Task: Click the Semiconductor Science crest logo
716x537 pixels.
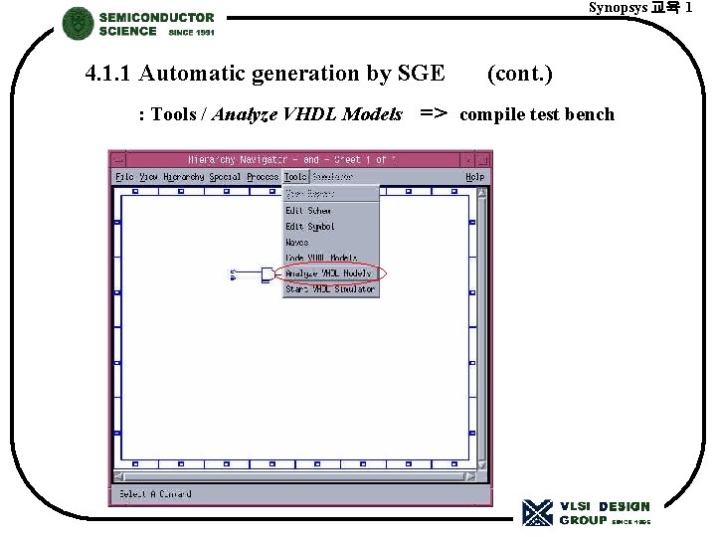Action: (78, 24)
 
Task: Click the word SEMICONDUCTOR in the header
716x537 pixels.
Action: (156, 17)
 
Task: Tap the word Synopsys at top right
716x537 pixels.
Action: (617, 8)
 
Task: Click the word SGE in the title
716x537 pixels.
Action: (422, 74)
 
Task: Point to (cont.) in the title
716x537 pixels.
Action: (520, 74)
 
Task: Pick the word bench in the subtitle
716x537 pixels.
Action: (591, 114)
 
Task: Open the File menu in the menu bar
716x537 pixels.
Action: (124, 176)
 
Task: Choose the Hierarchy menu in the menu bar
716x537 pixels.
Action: (184, 176)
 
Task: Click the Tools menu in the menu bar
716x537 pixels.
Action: (295, 176)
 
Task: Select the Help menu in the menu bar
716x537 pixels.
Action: (474, 176)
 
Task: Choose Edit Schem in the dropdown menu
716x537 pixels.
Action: (308, 211)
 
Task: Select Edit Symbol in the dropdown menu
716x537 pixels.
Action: (310, 227)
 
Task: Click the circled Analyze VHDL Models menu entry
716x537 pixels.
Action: (328, 272)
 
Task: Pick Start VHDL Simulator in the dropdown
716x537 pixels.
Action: (330, 289)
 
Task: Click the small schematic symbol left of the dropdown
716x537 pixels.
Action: (267, 273)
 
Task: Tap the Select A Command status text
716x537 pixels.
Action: (155, 494)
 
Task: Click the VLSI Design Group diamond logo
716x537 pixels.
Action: (537, 512)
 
